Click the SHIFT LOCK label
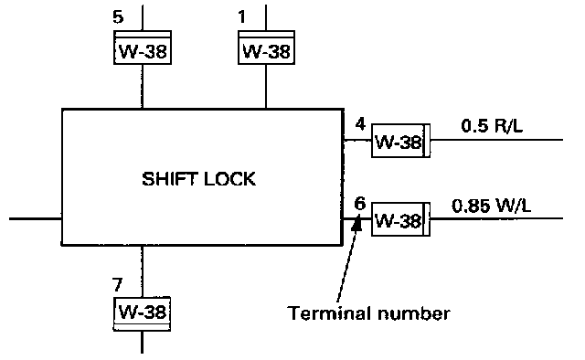[199, 179]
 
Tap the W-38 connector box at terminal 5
[143, 48]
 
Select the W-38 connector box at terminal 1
[266, 48]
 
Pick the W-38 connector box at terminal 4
[400, 141]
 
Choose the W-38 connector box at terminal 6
[400, 219]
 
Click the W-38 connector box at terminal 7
[143, 313]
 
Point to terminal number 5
[118, 16]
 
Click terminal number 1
[242, 16]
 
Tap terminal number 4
[360, 124]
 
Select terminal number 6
[359, 204]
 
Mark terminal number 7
[118, 285]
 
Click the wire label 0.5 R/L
[492, 126]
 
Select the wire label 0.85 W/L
[492, 206]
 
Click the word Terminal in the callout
[329, 313]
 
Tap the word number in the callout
[414, 313]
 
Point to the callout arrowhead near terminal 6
[357, 223]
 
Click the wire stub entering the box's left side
[36, 218]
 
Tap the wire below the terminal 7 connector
[143, 342]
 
